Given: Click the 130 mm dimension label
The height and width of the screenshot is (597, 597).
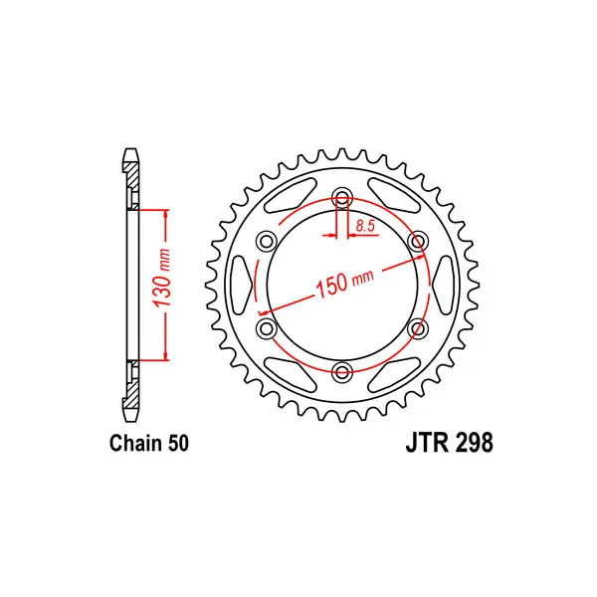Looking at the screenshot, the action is click(x=161, y=279).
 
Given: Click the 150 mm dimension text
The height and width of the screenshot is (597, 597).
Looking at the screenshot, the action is click(x=344, y=282).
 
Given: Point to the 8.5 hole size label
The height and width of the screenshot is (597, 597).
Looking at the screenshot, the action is click(x=365, y=227).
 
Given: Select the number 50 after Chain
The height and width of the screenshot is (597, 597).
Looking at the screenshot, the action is click(x=178, y=444).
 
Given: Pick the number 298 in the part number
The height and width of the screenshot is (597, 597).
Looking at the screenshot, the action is click(x=474, y=443).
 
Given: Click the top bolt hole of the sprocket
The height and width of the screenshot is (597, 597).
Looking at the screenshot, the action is click(x=342, y=198).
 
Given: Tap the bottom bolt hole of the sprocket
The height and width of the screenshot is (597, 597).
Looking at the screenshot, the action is click(x=342, y=372).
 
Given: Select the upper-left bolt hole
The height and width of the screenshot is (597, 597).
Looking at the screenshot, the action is click(x=267, y=242).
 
